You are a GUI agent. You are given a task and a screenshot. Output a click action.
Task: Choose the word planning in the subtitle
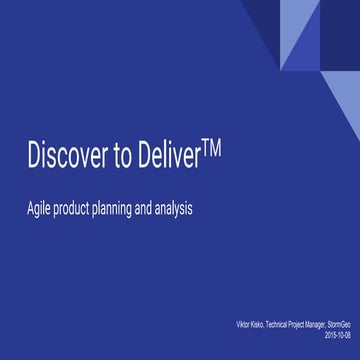click(x=125, y=211)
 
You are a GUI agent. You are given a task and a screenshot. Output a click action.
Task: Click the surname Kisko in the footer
click(x=251, y=326)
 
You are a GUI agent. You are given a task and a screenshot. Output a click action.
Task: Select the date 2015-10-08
click(x=340, y=335)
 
